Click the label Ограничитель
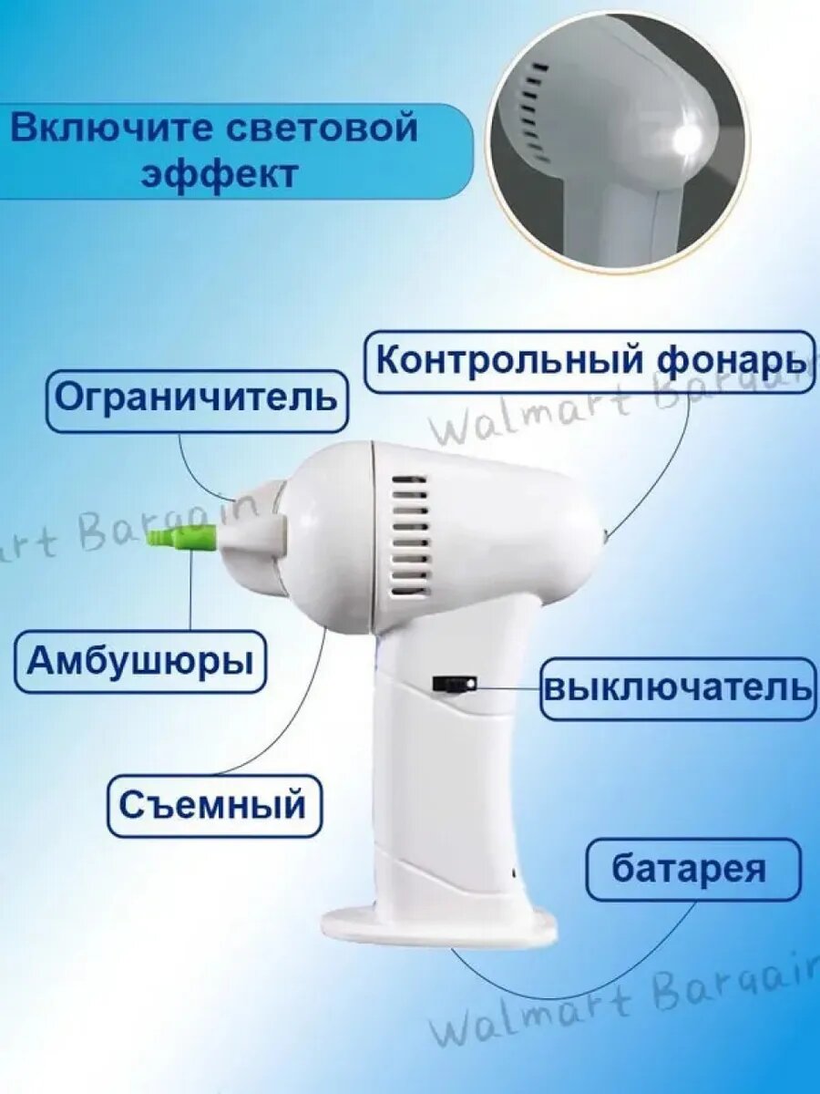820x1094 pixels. pyautogui.click(x=197, y=401)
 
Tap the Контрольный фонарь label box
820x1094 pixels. pyautogui.click(x=591, y=361)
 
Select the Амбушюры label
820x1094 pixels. pyautogui.click(x=140, y=662)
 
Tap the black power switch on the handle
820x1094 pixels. pyautogui.click(x=455, y=684)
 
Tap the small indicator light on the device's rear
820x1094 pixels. pyautogui.click(x=605, y=536)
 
